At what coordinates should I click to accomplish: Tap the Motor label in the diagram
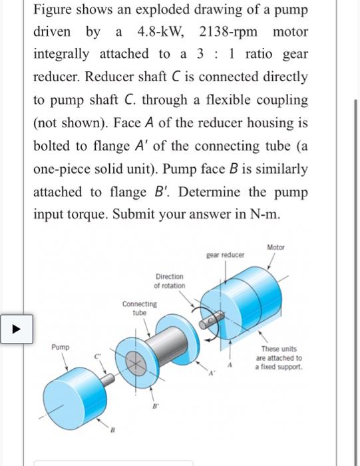pos(275,247)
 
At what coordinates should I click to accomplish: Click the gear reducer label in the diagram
pos(225,254)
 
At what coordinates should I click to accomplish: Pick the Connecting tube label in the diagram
pos(139,308)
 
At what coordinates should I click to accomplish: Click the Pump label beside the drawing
pos(61,348)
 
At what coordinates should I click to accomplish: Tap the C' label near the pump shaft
pos(97,356)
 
